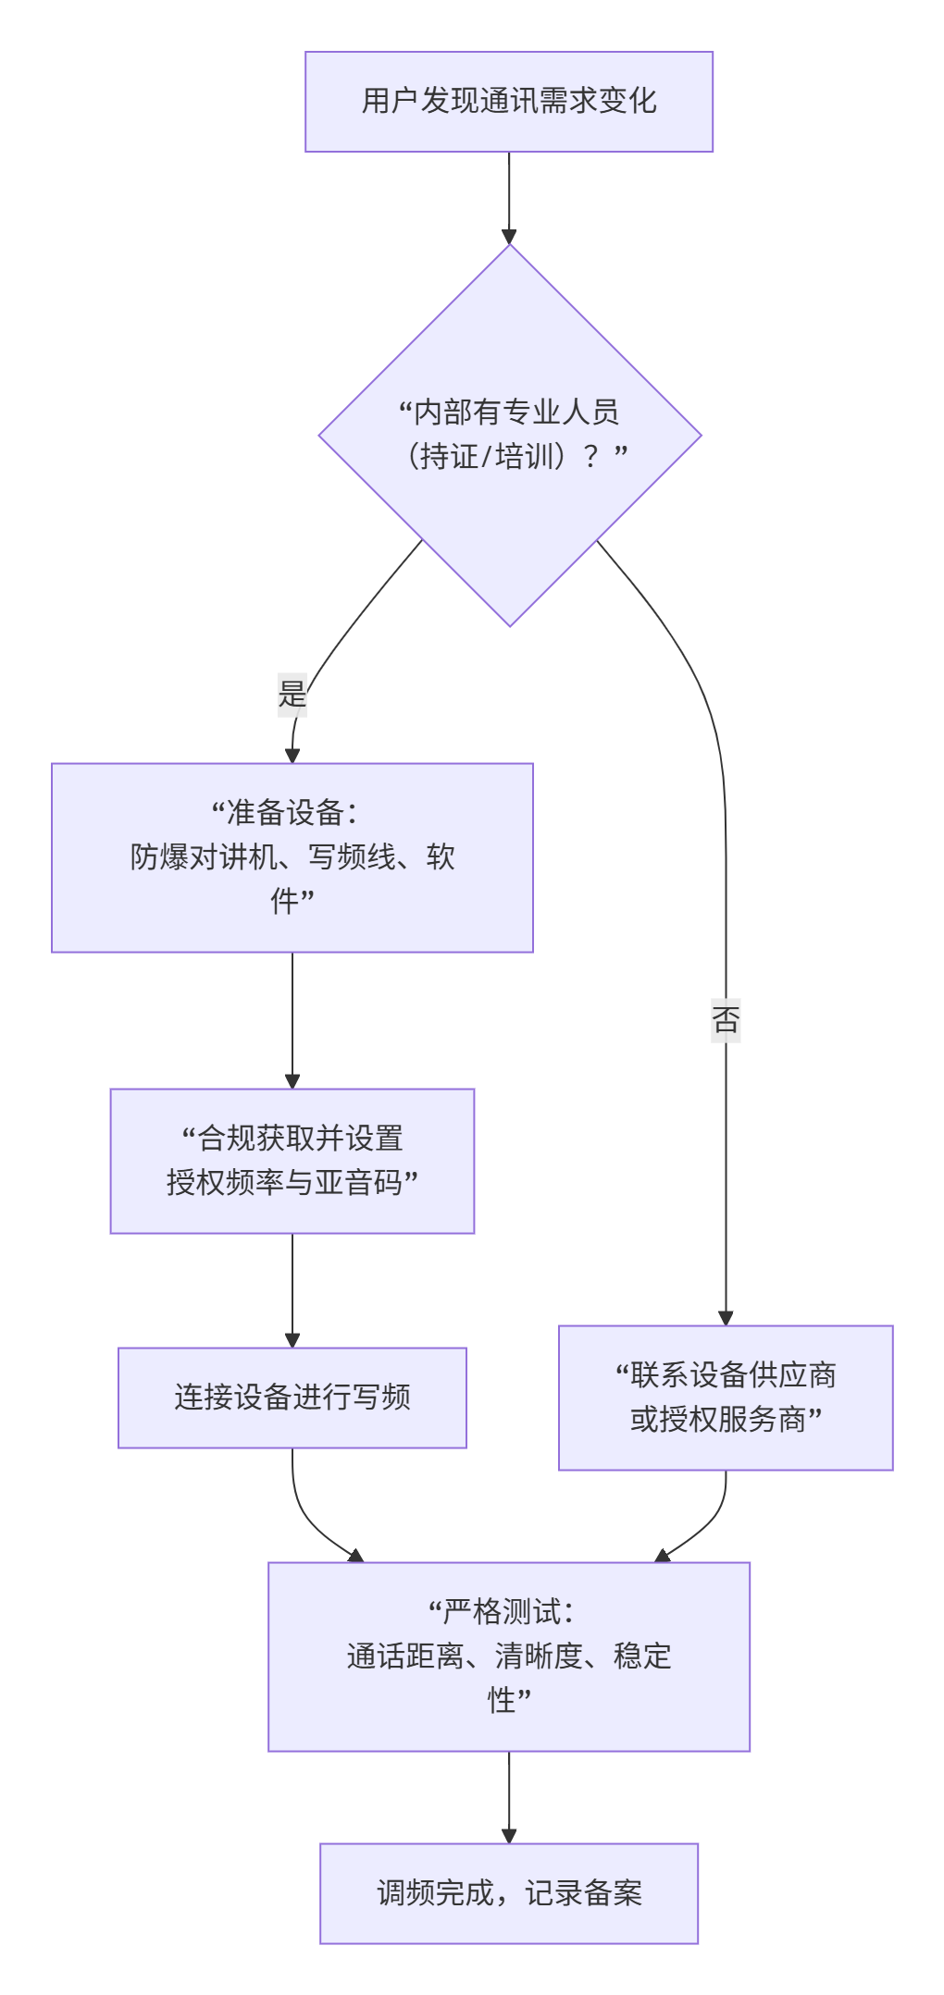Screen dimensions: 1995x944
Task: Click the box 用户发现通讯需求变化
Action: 508,102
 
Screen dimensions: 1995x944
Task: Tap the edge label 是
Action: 292,693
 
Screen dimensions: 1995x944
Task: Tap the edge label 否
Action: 726,1019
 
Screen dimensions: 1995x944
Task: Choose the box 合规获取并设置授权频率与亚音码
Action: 292,1161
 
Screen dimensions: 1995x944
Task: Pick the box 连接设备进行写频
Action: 292,1398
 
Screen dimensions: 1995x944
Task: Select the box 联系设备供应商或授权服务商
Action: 726,1398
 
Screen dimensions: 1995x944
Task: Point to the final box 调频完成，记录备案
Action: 508,1893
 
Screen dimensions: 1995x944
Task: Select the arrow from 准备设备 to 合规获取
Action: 292,1017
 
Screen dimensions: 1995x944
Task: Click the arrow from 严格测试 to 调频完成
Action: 509,1794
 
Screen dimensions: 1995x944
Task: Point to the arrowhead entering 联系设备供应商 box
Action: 726,1318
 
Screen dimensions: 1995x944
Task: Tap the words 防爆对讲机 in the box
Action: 203,857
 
